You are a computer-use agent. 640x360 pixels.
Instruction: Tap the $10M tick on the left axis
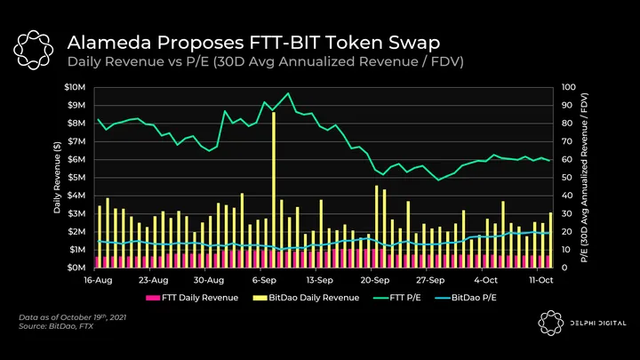tap(75, 87)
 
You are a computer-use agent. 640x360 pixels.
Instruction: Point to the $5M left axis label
tap(76, 177)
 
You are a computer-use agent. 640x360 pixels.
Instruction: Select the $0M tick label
tap(76, 267)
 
